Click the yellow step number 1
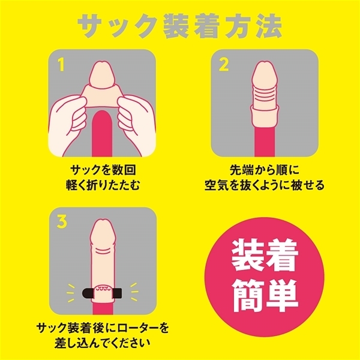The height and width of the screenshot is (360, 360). [61, 65]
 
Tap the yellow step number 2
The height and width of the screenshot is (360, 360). [224, 65]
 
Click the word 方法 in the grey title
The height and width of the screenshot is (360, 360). [253, 26]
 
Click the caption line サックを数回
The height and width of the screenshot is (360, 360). [103, 170]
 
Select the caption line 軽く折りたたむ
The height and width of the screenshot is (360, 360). [103, 185]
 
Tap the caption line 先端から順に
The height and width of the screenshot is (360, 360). [265, 170]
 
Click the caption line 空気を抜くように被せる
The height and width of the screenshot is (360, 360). [265, 185]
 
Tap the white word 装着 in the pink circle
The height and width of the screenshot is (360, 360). [265, 255]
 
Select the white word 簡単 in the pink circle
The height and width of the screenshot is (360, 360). [265, 296]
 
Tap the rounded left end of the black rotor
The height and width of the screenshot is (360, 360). [86, 293]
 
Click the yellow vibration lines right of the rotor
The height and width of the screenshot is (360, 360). [134, 292]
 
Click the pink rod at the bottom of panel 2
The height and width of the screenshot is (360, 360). [265, 142]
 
